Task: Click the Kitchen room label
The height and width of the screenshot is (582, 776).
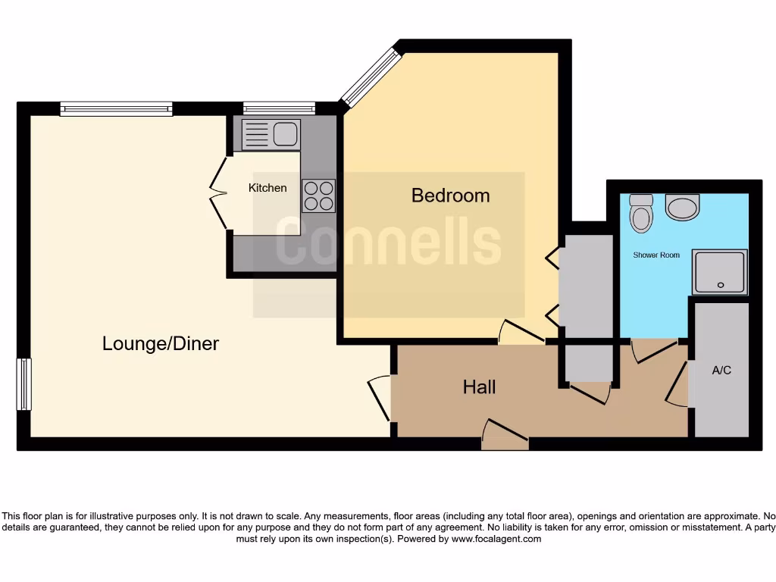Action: [x=268, y=187]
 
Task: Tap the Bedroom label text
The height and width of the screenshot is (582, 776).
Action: [x=450, y=196]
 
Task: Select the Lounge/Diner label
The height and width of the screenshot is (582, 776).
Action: [x=161, y=344]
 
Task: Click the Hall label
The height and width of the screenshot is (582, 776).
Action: [x=479, y=387]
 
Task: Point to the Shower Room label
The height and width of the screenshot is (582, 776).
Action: [x=656, y=255]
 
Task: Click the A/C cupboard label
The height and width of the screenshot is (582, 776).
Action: [x=721, y=371]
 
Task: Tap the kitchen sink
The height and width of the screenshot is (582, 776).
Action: [x=271, y=135]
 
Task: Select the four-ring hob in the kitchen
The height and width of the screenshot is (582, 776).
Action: [x=318, y=195]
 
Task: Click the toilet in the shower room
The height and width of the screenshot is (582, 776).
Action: [x=641, y=212]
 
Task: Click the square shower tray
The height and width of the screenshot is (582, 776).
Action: [x=719, y=272]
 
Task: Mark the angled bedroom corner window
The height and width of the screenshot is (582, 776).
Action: [x=370, y=77]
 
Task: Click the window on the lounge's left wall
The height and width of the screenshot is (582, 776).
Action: [x=24, y=384]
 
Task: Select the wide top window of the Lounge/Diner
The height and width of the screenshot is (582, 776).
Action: [x=116, y=109]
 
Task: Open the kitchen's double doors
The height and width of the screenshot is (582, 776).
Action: [x=218, y=193]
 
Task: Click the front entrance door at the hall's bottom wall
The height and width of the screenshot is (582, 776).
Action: [x=505, y=436]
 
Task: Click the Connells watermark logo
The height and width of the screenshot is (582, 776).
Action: [x=388, y=242]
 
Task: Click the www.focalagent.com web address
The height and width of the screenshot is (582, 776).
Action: [x=496, y=539]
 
